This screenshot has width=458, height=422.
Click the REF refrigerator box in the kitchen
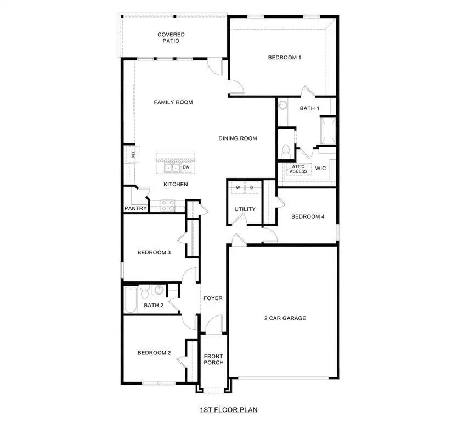pyautogui.click(x=132, y=154)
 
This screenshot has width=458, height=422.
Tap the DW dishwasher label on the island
pyautogui.click(x=186, y=167)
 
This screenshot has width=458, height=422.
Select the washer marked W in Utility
pyautogui.click(x=238, y=187)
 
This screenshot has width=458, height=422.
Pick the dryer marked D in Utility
pyautogui.click(x=252, y=187)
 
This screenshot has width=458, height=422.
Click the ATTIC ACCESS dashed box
pyautogui.click(x=298, y=169)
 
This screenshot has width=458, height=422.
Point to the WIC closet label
pyautogui.click(x=320, y=169)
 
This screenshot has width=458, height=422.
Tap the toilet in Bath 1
pyautogui.click(x=285, y=149)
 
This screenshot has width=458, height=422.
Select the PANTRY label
pyautogui.click(x=135, y=209)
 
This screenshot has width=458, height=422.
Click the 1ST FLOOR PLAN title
pyautogui.click(x=229, y=409)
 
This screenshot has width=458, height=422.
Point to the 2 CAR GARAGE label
pyautogui.click(x=285, y=318)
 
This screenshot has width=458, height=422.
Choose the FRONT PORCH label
pyautogui.click(x=213, y=359)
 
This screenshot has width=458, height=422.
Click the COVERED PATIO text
pyautogui.click(x=171, y=38)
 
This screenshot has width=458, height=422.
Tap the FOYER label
pyautogui.click(x=213, y=298)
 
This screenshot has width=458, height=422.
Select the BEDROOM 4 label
pyautogui.click(x=308, y=216)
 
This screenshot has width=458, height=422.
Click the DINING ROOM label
pyautogui.click(x=238, y=138)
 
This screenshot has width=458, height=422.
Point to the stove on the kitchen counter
pyautogui.click(x=167, y=206)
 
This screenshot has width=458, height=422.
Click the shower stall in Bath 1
pyautogui.click(x=328, y=129)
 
